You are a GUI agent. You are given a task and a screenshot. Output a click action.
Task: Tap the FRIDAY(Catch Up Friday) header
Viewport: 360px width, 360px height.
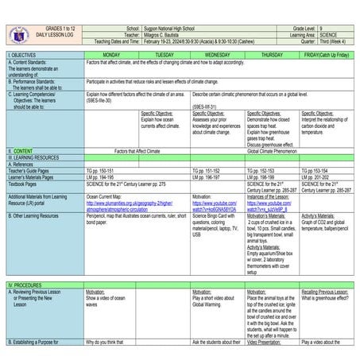(x=327, y=54)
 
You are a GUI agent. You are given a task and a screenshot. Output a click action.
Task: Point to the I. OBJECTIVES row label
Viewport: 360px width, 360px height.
(x=24, y=54)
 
